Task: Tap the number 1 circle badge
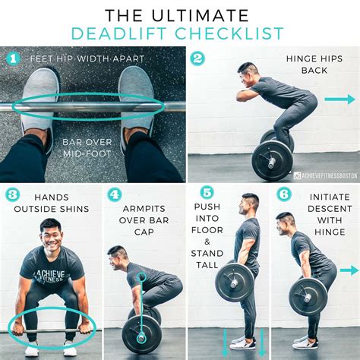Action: coord(13,58)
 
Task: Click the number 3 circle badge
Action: coord(12,194)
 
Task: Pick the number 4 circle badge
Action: coord(115,194)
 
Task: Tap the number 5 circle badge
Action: coord(206,194)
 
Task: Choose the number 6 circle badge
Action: coord(283,194)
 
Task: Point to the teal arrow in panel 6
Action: coord(349,270)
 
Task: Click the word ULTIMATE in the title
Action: coord(201,14)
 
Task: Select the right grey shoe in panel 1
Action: coord(136,95)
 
